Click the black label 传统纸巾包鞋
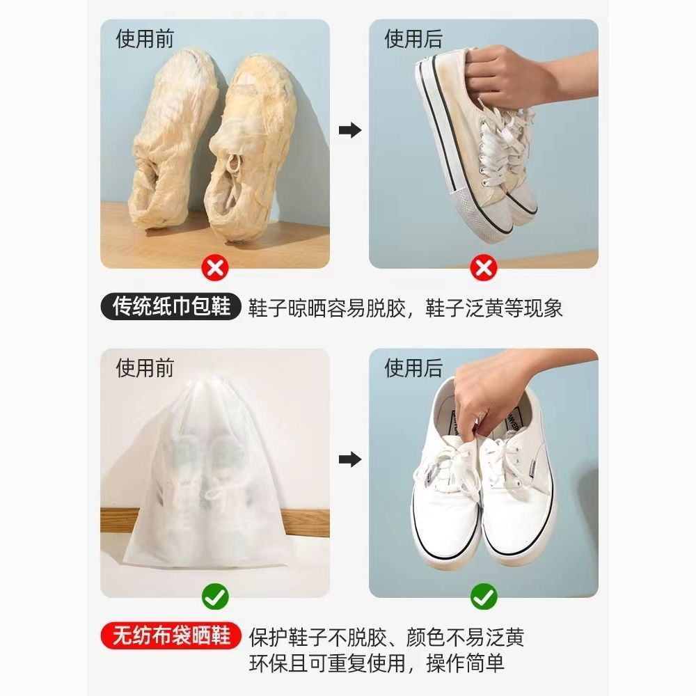[x=171, y=307]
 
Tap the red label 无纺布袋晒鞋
[x=171, y=635]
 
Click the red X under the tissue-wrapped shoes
[x=215, y=268]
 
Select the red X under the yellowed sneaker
[x=484, y=268]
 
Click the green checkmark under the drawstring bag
[x=215, y=597]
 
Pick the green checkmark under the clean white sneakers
[x=484, y=597]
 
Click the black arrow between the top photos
[x=350, y=131]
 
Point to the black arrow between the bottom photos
[x=350, y=459]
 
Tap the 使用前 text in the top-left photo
[x=145, y=38]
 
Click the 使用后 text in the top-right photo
[x=413, y=38]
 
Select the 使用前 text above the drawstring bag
[x=145, y=368]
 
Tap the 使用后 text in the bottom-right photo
[x=413, y=368]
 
